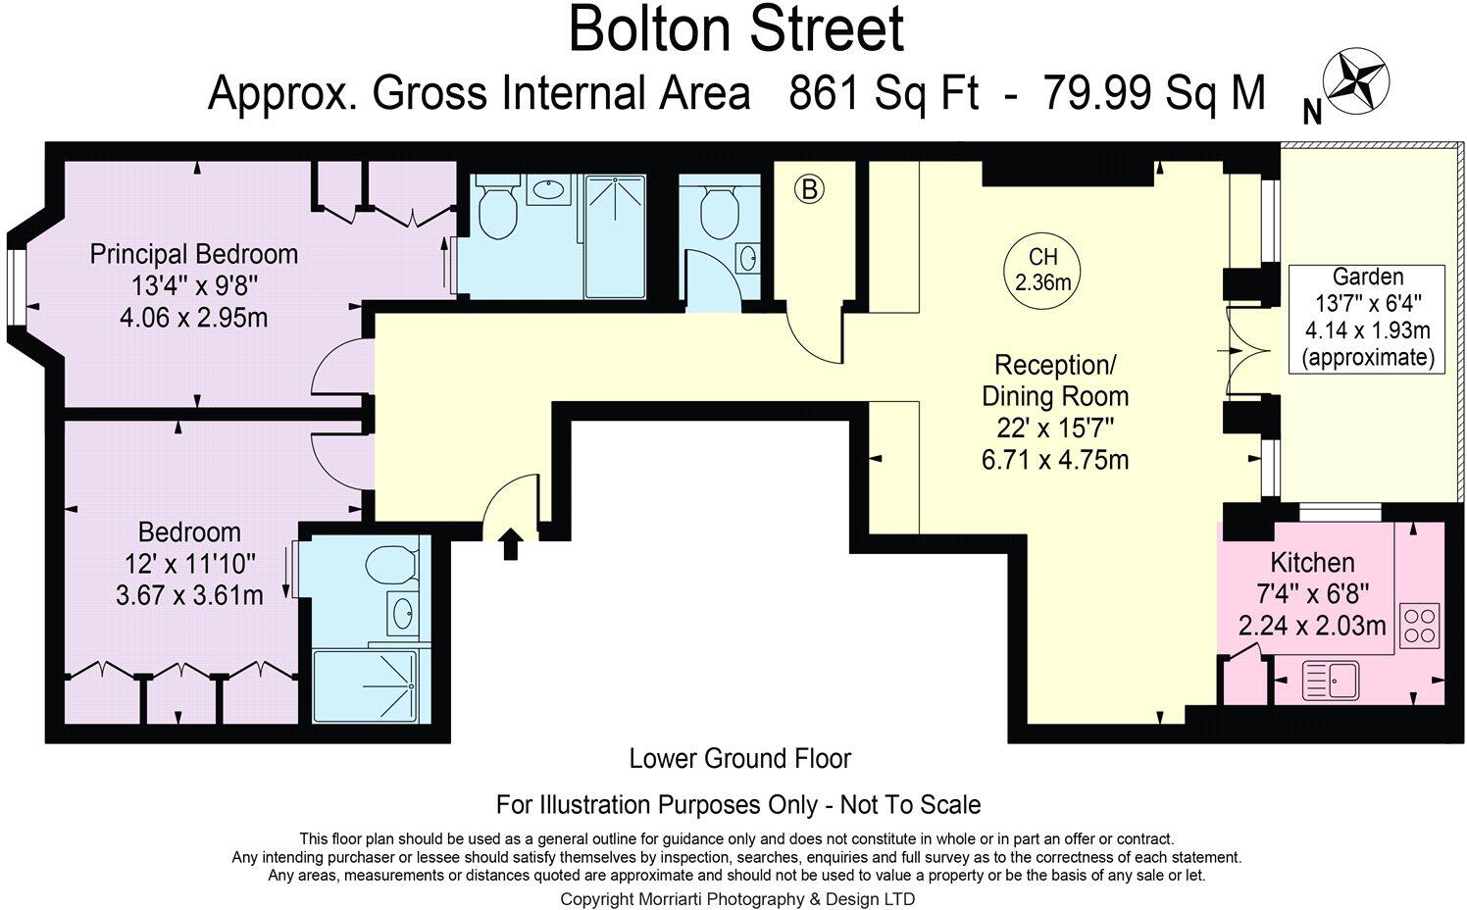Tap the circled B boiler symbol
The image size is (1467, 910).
pyautogui.click(x=809, y=188)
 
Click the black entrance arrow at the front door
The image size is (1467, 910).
pyautogui.click(x=510, y=544)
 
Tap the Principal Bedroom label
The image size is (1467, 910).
pyautogui.click(x=194, y=254)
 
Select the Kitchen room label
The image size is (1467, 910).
pyautogui.click(x=1312, y=563)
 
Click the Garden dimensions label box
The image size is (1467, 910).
pyautogui.click(x=1367, y=317)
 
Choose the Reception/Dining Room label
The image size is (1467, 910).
pyautogui.click(x=1055, y=380)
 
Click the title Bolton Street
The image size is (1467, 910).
pyautogui.click(x=735, y=29)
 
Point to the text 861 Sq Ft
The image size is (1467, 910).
pyautogui.click(x=884, y=94)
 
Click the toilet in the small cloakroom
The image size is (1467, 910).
pyautogui.click(x=720, y=209)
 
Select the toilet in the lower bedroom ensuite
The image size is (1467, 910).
pyautogui.click(x=391, y=566)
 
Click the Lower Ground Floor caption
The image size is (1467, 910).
pyautogui.click(x=739, y=758)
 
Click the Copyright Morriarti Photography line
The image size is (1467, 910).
pyautogui.click(x=737, y=898)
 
